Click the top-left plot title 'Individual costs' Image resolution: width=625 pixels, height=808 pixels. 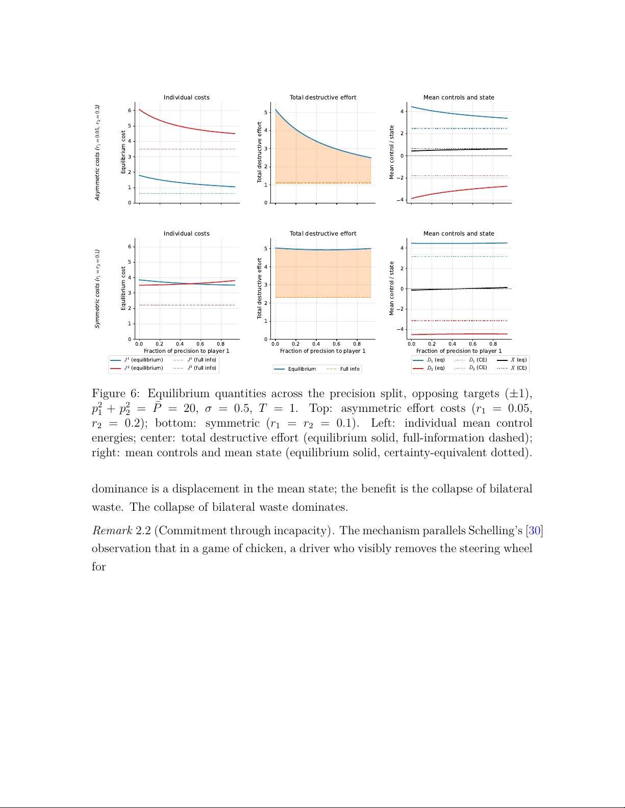(186, 97)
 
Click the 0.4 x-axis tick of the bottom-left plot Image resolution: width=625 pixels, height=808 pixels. (180, 344)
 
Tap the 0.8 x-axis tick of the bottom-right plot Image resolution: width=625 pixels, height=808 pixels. (493, 344)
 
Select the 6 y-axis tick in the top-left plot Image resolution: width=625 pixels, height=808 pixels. (130, 111)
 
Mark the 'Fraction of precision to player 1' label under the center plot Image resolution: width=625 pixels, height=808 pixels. (322, 351)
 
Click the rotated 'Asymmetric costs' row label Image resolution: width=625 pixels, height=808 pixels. (97, 152)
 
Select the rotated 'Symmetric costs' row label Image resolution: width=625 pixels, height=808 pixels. (97, 289)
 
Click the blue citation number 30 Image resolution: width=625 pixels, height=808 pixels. (534, 531)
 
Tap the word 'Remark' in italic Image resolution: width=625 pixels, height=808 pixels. (112, 531)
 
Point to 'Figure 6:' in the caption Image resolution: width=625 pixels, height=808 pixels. (115, 394)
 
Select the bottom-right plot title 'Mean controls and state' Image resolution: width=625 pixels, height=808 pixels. (459, 233)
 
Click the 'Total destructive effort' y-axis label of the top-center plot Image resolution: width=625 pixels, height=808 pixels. (259, 152)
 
